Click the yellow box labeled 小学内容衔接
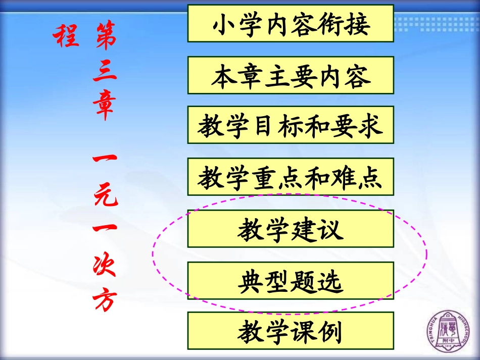[x=291, y=24]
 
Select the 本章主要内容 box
[x=291, y=75]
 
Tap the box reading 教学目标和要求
[x=291, y=125]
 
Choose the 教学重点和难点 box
[x=291, y=177]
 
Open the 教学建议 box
[x=291, y=229]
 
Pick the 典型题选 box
[x=291, y=280]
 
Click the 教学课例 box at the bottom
[x=291, y=331]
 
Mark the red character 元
[x=105, y=194]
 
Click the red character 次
[x=105, y=266]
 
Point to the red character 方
[x=105, y=299]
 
